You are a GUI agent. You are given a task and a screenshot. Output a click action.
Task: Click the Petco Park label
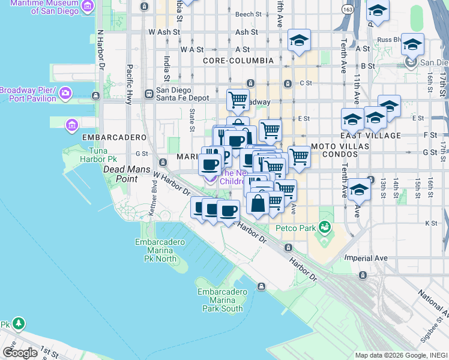[295, 228]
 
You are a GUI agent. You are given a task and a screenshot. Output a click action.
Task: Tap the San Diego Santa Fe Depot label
[182, 94]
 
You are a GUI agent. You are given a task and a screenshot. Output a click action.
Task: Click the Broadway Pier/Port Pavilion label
[28, 94]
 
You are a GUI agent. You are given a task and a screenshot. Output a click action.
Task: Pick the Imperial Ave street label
[366, 258]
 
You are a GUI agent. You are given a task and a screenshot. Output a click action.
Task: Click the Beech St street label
[249, 14]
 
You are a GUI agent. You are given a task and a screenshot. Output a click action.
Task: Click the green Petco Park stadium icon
[325, 227]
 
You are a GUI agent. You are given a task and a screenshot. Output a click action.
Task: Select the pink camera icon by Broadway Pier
[65, 94]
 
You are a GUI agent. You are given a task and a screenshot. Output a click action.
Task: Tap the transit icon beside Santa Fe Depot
[149, 94]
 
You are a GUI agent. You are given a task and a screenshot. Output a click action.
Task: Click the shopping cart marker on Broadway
[238, 100]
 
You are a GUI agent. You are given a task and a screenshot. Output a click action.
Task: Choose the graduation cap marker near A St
[299, 40]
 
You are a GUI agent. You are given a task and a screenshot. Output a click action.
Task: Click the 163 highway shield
[347, 10]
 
